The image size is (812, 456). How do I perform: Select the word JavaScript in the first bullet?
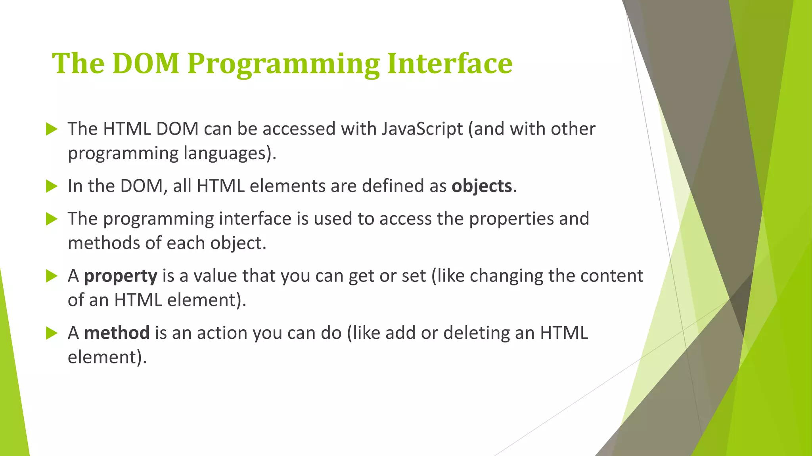[422, 129]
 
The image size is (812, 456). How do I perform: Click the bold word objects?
[482, 186]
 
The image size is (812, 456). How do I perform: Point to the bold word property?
[121, 276]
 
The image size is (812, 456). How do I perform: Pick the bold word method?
[117, 333]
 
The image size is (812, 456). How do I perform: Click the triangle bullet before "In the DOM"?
[52, 186]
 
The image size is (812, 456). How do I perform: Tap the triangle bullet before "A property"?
[52, 276]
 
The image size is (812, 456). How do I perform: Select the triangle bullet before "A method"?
[52, 333]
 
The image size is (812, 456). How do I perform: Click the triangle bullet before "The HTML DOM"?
[52, 129]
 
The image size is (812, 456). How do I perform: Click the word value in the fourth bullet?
[215, 276]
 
